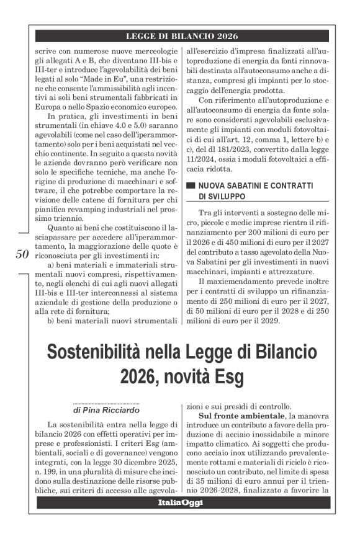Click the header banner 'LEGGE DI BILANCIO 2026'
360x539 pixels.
click(181, 37)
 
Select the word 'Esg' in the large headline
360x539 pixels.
click(228, 376)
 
